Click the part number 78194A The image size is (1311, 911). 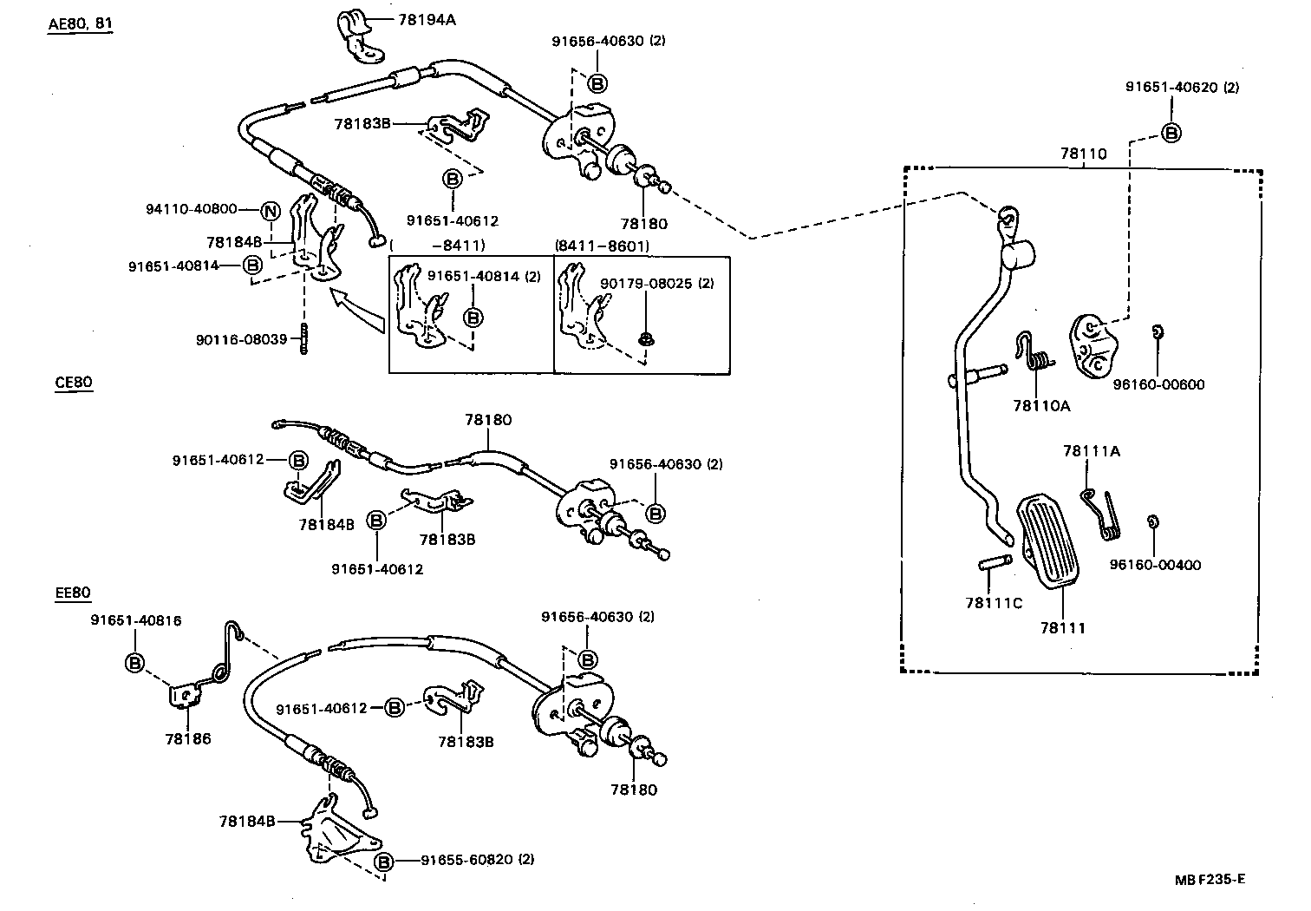click(425, 18)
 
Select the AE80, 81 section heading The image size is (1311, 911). click(80, 23)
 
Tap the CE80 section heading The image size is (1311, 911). click(73, 382)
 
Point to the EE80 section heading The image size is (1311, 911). click(73, 593)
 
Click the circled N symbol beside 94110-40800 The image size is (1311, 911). click(271, 210)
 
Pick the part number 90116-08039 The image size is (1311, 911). click(241, 339)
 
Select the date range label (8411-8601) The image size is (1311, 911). click(602, 246)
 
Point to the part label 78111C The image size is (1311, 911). click(994, 603)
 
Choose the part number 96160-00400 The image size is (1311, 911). click(1155, 565)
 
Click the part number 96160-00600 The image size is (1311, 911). click(1158, 384)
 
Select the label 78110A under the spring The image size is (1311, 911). click(1041, 405)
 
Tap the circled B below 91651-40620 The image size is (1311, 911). click(1171, 133)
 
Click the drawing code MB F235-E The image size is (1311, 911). click(1210, 879)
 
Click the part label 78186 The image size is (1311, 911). click(188, 739)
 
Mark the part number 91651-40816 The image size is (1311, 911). click(136, 620)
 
